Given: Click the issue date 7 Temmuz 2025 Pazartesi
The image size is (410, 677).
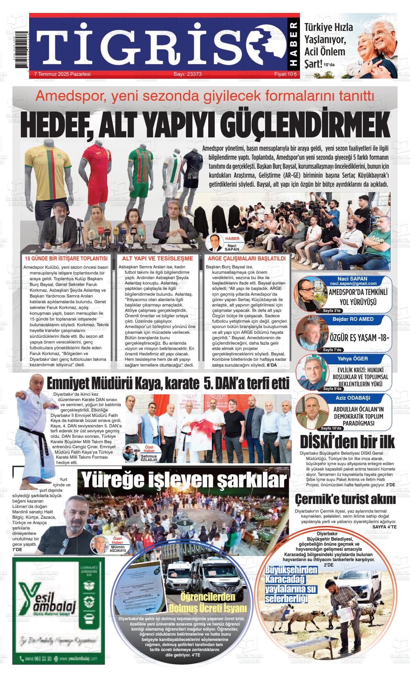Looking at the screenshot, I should pos(62,74).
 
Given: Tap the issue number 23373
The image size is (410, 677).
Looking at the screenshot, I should pos(187,74).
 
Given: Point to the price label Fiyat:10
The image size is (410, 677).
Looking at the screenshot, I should pos(286,74).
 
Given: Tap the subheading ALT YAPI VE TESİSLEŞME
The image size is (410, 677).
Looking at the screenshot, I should pos(158,258).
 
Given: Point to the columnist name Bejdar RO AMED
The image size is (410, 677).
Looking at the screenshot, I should pos(353,319).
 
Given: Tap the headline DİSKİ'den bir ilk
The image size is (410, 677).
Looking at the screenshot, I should pos(347,441).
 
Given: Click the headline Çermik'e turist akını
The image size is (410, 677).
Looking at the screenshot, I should pos(345,499).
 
